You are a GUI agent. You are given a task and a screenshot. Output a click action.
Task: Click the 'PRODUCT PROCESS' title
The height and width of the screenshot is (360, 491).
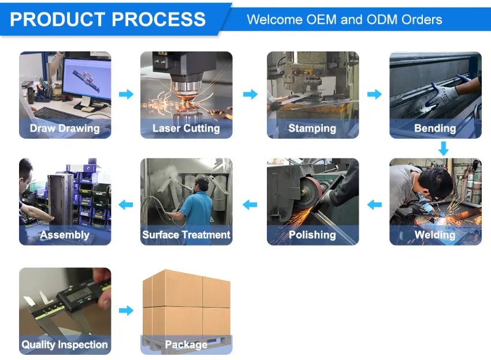[x=107, y=19]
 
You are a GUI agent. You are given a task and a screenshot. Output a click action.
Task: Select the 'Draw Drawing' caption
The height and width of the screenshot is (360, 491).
[x=65, y=128]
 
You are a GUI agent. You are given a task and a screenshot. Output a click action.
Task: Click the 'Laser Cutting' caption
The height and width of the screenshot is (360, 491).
[x=186, y=128]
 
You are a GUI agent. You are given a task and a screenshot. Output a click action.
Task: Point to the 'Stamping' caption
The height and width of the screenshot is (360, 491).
[x=312, y=128]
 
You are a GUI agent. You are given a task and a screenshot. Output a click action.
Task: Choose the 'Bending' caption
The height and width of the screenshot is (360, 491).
[x=435, y=128]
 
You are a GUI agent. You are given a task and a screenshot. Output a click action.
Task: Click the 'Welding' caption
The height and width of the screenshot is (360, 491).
[x=435, y=235]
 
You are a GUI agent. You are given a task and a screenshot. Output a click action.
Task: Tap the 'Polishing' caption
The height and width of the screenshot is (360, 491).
[x=312, y=235]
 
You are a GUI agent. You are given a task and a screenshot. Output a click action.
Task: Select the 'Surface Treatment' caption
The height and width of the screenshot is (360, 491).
[x=186, y=235]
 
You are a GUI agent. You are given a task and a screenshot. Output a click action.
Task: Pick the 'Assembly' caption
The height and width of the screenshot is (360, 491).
[x=65, y=235]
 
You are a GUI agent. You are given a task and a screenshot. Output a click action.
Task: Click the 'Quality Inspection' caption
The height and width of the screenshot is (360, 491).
[x=65, y=344]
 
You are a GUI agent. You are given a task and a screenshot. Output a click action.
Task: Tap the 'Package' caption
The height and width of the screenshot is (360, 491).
[x=186, y=344]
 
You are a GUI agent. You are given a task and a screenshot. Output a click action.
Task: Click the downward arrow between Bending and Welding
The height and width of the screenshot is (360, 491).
[x=444, y=149]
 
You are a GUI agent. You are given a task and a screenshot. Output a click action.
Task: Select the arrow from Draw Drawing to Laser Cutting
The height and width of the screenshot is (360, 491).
[x=126, y=94]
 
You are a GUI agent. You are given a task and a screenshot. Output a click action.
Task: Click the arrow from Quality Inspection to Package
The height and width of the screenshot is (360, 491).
[x=126, y=310]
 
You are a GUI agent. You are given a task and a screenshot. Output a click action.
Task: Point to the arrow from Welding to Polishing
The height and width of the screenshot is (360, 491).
[x=374, y=205]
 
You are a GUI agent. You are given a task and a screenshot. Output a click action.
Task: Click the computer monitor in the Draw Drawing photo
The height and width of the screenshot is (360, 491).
[x=87, y=79]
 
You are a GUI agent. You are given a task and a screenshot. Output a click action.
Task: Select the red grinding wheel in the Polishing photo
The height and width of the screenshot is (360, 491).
[x=310, y=192]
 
